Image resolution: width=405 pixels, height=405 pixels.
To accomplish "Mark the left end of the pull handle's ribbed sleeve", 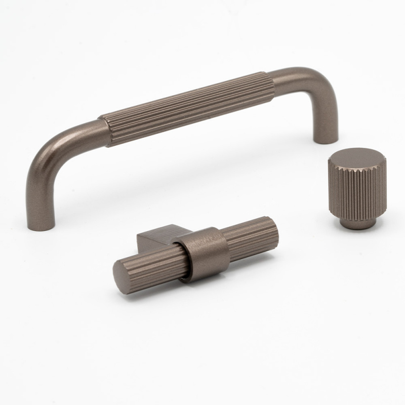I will point(105,132).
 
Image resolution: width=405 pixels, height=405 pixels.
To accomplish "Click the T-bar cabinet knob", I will point(197,256).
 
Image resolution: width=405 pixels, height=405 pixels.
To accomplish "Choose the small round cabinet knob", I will point(356,185).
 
